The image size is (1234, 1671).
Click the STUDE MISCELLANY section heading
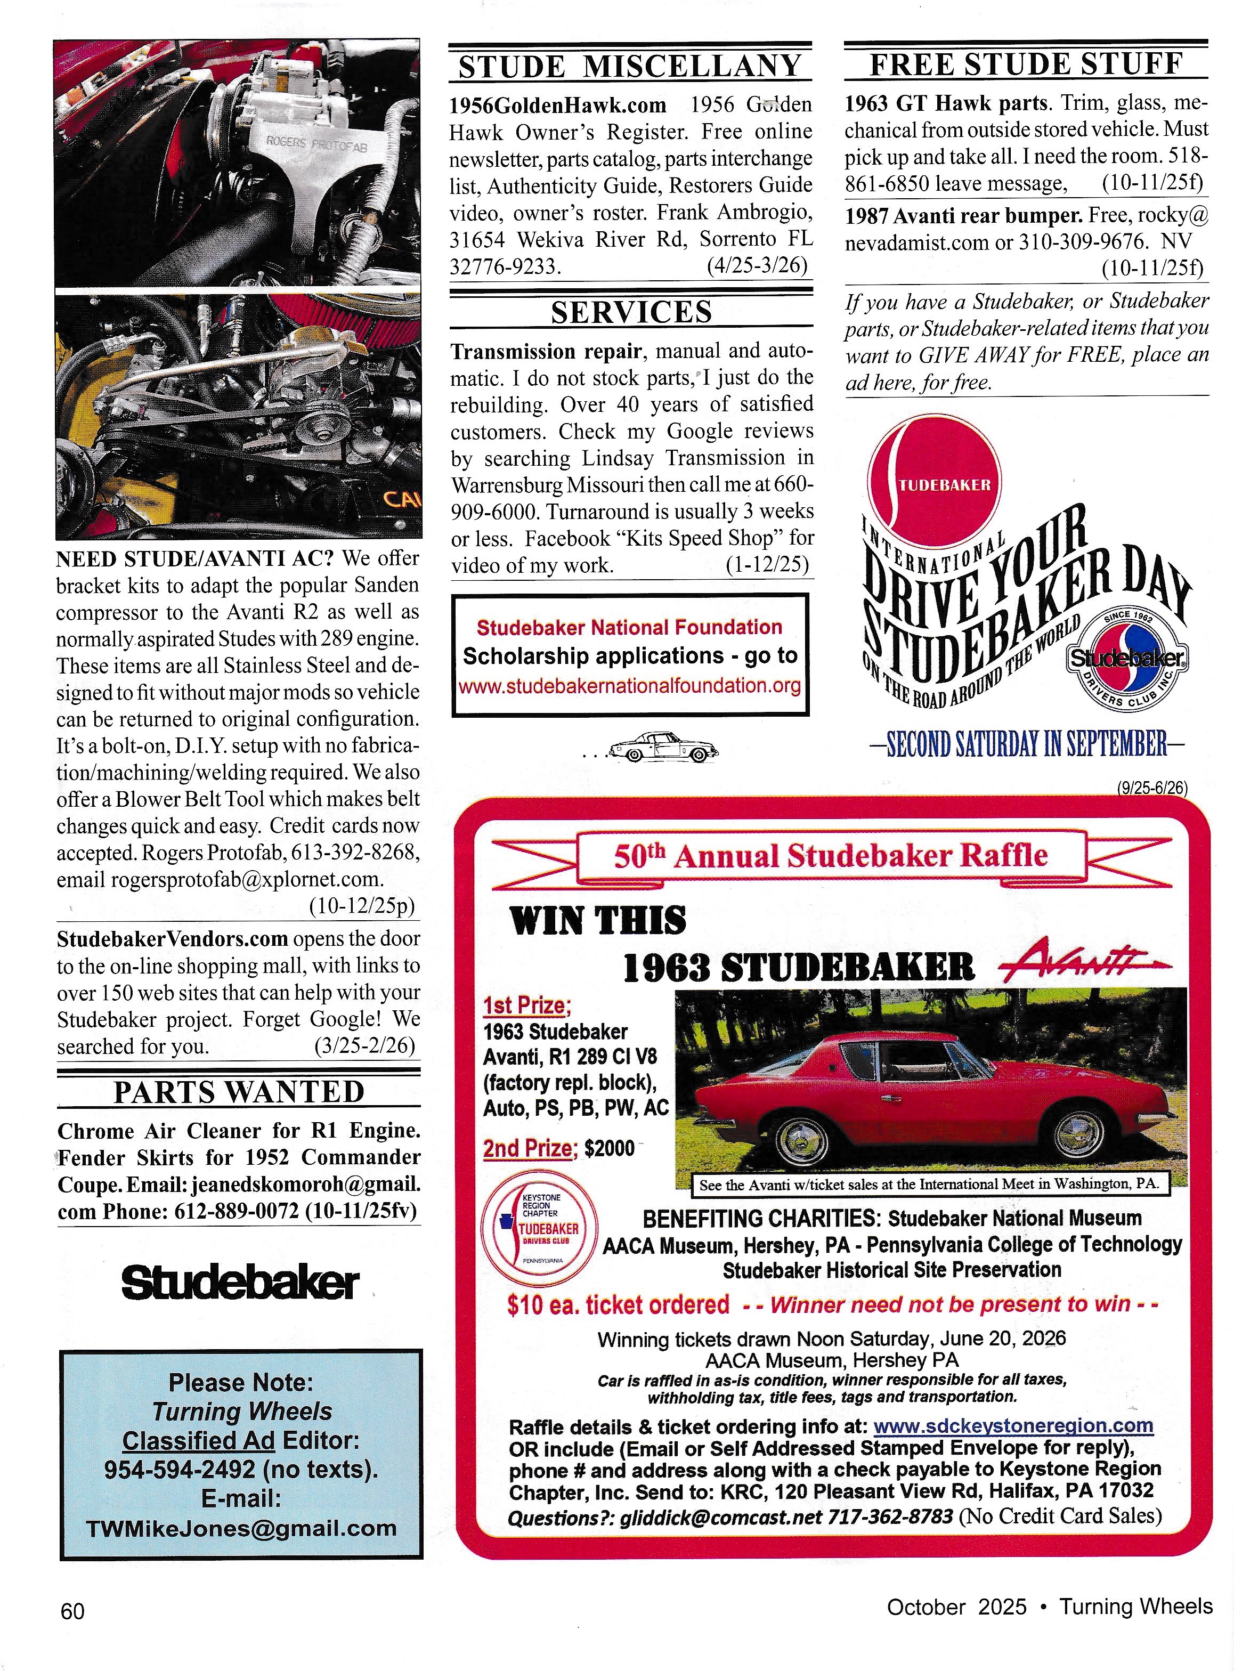(x=630, y=67)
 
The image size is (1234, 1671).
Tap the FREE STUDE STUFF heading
(x=1026, y=64)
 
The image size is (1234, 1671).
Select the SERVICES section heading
(x=631, y=312)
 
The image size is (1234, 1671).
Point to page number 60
(x=72, y=1611)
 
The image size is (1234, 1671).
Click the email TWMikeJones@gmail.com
(x=241, y=1528)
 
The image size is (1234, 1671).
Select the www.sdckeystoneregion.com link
(x=1013, y=1426)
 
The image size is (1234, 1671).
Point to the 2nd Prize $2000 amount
(x=610, y=1148)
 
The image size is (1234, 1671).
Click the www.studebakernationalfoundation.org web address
(x=630, y=686)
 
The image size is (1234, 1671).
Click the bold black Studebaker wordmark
(x=239, y=1283)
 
